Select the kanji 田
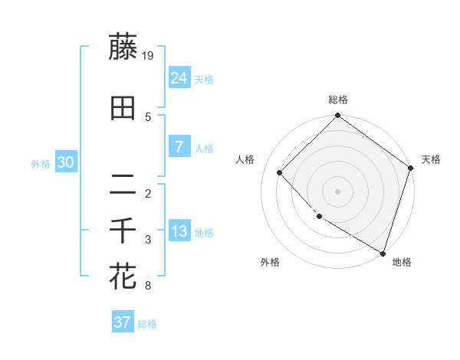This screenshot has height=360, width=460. coord(123,109)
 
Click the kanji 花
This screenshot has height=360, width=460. coord(123,276)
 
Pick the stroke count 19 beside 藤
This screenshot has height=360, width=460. coord(149,55)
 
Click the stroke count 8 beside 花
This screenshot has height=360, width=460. coord(147,286)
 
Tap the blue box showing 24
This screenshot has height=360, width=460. coord(179,78)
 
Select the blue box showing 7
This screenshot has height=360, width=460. coord(179,147)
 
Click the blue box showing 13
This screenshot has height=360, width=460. coord(179,231)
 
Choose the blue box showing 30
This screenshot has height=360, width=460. coord(66,163)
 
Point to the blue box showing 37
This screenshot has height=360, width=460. coord(122,322)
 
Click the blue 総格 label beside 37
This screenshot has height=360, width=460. coord(148,324)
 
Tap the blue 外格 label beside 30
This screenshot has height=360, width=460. coord(41,164)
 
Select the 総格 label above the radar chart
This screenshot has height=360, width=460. coord(338,100)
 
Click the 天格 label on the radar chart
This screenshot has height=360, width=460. coord(431,159)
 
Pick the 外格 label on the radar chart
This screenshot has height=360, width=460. coord(270,262)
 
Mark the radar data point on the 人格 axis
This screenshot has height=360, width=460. coord(280,172)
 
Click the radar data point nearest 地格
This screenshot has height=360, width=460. coord(383,252)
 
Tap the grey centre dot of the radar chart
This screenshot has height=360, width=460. coord(337,191)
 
